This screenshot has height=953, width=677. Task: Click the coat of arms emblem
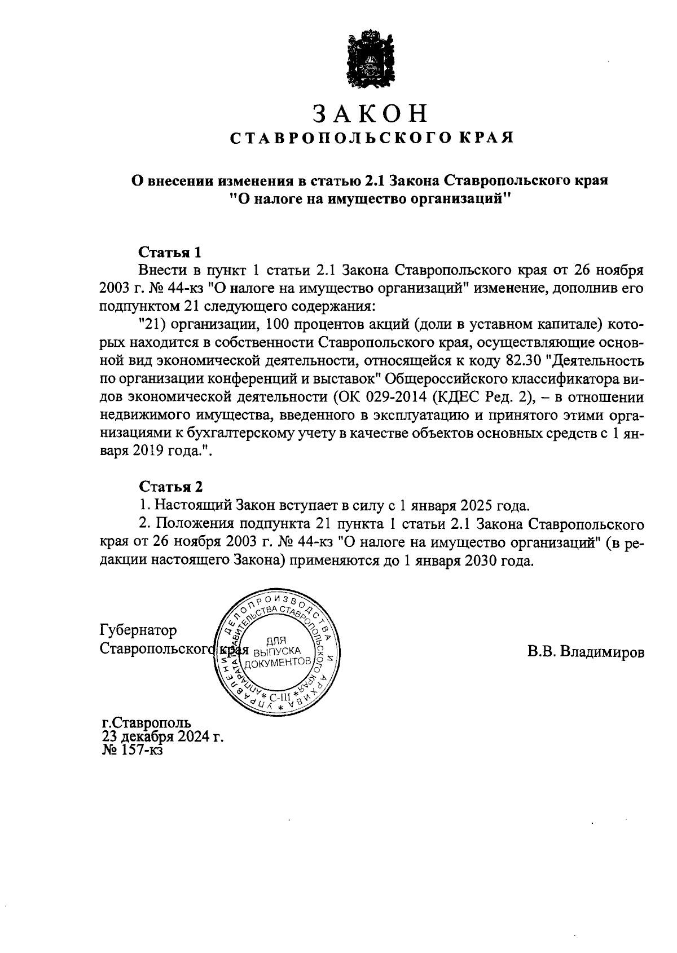coord(370,61)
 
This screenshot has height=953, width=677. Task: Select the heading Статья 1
coord(170,251)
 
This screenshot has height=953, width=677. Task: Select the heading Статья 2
coord(170,487)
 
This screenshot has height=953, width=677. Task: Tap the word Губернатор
coord(138,630)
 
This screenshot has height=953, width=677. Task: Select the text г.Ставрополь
coord(146,722)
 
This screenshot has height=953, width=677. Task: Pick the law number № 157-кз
coord(132,751)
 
